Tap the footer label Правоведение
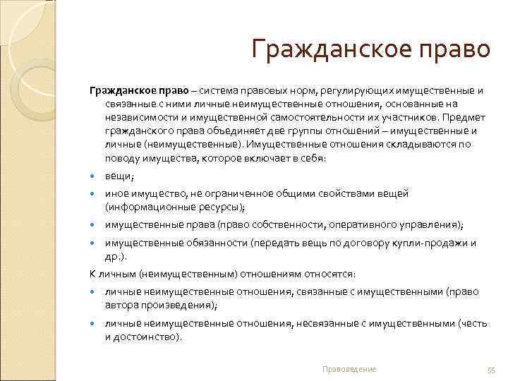pos(349,369)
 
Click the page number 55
pos(492,370)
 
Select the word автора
pos(121,305)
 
